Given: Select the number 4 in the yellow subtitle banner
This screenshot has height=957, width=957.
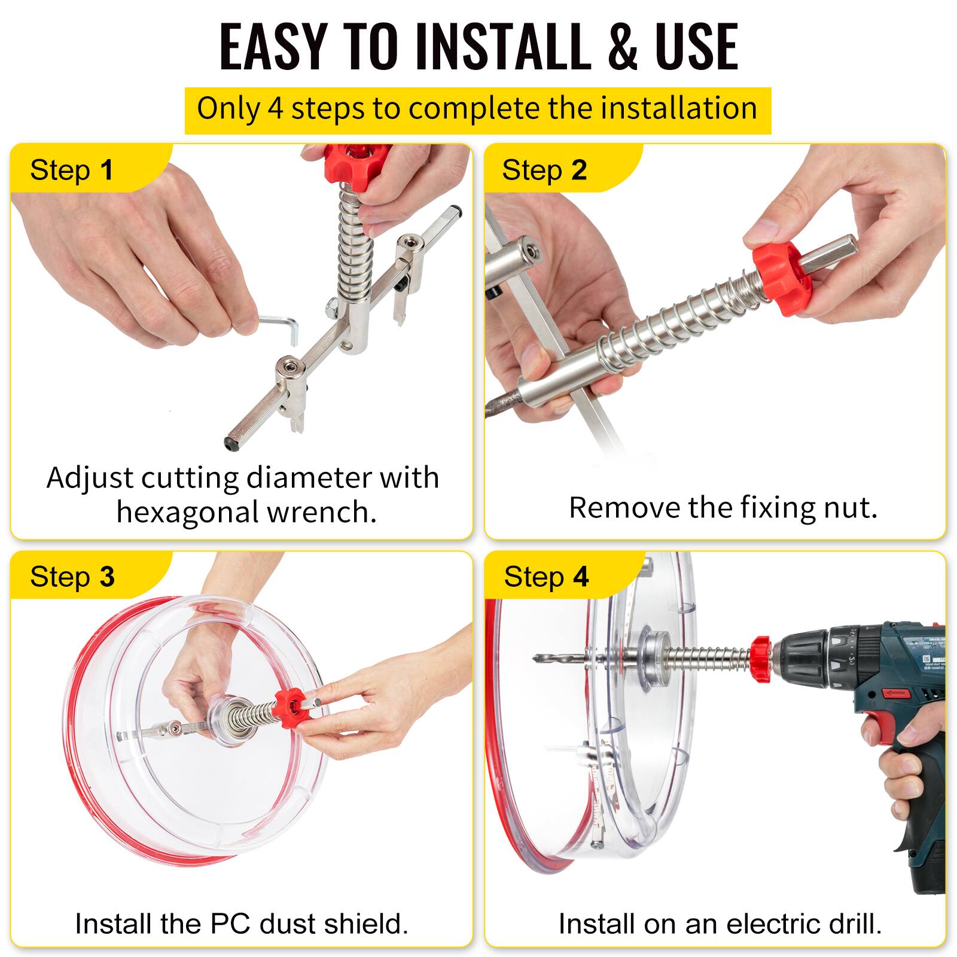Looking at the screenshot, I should (275, 109).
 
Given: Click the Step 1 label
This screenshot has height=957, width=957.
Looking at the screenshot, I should (72, 170).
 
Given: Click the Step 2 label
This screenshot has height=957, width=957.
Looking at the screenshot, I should (544, 170).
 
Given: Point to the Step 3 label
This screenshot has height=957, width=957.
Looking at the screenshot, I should (72, 577).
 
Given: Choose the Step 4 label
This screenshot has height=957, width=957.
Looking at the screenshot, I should (546, 577).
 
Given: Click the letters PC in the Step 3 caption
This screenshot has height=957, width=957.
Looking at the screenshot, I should (230, 924).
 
